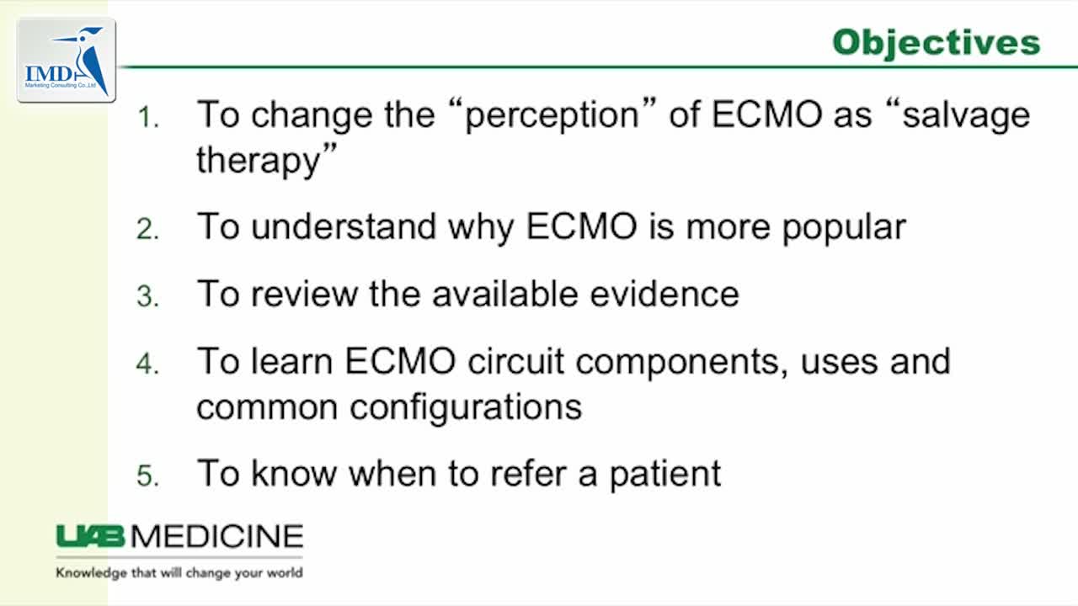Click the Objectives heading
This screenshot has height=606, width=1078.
(937, 44)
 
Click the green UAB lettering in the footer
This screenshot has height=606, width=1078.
(90, 536)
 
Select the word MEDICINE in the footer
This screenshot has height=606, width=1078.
(217, 536)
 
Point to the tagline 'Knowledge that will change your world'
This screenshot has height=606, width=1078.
(179, 573)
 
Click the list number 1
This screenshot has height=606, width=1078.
(148, 117)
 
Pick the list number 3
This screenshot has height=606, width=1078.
(147, 296)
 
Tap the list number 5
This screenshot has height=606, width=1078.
(147, 476)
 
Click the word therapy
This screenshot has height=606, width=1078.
(259, 161)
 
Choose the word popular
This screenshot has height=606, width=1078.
(844, 228)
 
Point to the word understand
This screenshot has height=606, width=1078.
(344, 226)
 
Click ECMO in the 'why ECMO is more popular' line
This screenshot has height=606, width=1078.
(582, 226)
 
